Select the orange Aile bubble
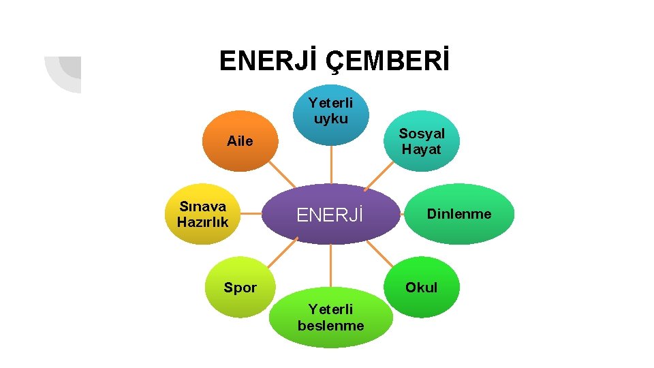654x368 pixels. coord(239,141)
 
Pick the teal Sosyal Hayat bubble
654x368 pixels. coord(421,142)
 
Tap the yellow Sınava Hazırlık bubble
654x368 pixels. coord(202,214)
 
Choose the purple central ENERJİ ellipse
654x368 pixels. coord(331,215)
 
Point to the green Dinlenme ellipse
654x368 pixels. coord(458,214)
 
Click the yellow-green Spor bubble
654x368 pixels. coord(240,287)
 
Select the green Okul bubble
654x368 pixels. coord(422,287)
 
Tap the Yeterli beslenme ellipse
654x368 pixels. coord(331,318)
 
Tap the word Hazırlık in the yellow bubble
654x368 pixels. coord(202,222)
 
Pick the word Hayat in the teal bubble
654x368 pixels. coord(421,149)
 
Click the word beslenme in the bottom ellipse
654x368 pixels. coord(331,326)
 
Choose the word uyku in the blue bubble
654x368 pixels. coord(331,119)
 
